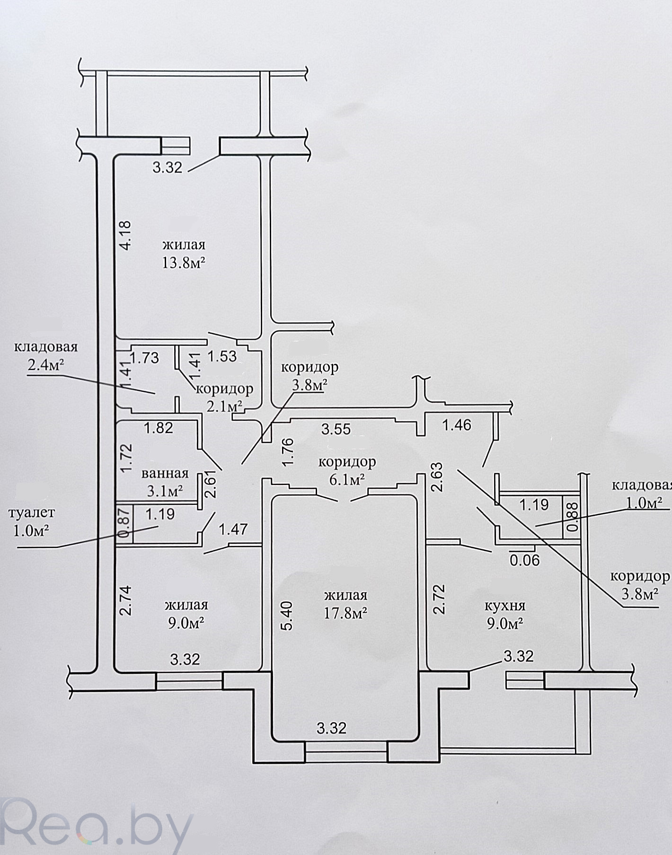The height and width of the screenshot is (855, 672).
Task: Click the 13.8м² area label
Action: pos(184,263)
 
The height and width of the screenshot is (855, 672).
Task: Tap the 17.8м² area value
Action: pos(346,613)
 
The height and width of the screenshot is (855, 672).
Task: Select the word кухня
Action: pos(505,606)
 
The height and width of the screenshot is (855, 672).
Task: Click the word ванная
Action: pos(165,473)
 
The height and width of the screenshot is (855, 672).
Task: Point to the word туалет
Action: pos(32,512)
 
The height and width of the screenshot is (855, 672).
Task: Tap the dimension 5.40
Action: pos(288,615)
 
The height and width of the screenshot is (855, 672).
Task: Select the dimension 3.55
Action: pos(336,429)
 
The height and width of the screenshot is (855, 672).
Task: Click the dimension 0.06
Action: pos(524,560)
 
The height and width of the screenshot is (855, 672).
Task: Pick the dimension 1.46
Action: pos(457,425)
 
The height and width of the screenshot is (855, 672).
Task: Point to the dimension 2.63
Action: pos(437,477)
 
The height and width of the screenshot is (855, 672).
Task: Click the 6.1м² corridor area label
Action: pos(347,480)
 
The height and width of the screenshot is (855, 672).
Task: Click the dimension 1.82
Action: pos(159,428)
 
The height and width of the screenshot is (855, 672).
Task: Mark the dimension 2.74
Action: pos(125,600)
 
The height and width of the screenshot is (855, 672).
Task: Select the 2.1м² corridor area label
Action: pos(225,406)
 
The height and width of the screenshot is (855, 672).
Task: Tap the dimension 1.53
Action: pos(222,356)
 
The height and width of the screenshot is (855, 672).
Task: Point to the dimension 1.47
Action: pos(233,529)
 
